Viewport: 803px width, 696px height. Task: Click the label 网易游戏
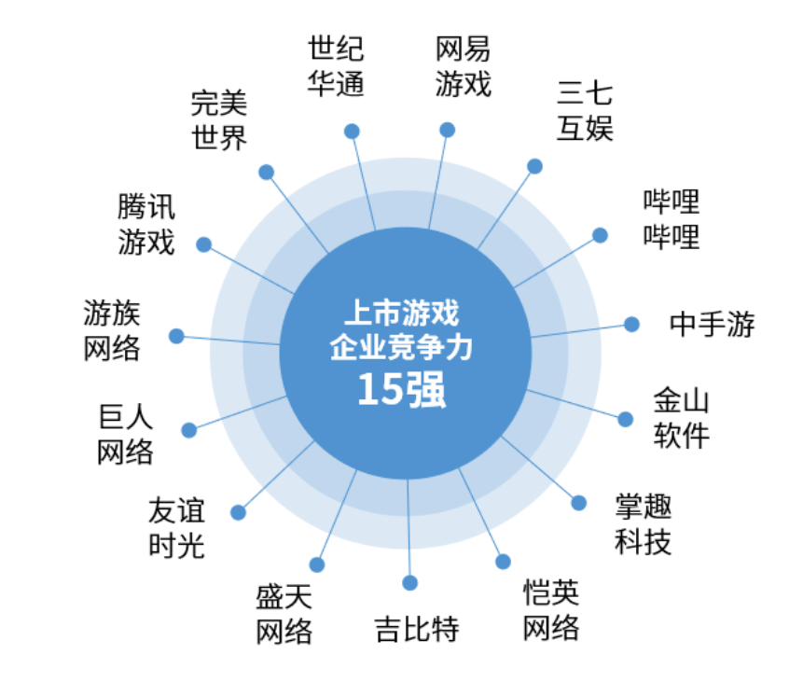pyautogui.click(x=464, y=67)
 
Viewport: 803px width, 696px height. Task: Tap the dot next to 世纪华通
pyautogui.click(x=352, y=131)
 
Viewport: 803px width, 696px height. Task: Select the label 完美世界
pyautogui.click(x=219, y=119)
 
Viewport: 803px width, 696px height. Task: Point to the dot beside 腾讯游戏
pyautogui.click(x=204, y=244)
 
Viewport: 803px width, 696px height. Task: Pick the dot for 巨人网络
pyautogui.click(x=189, y=430)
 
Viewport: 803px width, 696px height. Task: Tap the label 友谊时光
pyautogui.click(x=176, y=528)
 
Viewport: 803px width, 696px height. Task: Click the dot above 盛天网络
pyautogui.click(x=317, y=564)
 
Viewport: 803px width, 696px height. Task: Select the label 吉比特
pyautogui.click(x=417, y=628)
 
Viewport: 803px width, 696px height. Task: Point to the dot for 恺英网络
pyautogui.click(x=503, y=562)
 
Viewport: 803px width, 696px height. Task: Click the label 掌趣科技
pyautogui.click(x=643, y=524)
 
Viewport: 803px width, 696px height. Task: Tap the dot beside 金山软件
pyautogui.click(x=625, y=419)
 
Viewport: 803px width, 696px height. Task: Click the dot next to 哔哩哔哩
pyautogui.click(x=600, y=235)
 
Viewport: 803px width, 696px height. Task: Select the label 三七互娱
pyautogui.click(x=585, y=110)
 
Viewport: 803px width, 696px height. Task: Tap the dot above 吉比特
pyautogui.click(x=409, y=583)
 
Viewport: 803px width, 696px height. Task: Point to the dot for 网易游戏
pyautogui.click(x=447, y=130)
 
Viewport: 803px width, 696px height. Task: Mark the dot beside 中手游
pyautogui.click(x=631, y=325)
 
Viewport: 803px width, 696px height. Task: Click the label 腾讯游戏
pyautogui.click(x=146, y=225)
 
